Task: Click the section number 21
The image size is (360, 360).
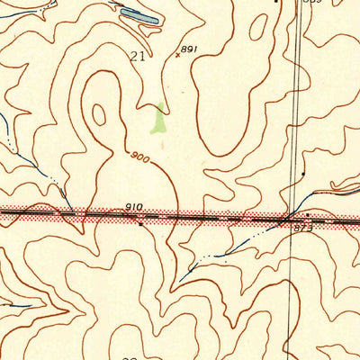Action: [x=138, y=56]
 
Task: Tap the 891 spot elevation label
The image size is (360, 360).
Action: [x=188, y=49]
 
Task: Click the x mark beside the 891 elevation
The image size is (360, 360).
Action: [x=177, y=56]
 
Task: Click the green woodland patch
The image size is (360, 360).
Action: [x=159, y=118]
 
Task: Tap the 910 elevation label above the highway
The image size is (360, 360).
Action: [x=134, y=207]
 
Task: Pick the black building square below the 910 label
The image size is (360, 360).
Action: [x=139, y=221]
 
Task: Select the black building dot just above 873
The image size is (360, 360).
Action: [x=306, y=214]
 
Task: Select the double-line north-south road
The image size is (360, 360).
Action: [x=294, y=108]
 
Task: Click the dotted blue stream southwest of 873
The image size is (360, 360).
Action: [x=225, y=250]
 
